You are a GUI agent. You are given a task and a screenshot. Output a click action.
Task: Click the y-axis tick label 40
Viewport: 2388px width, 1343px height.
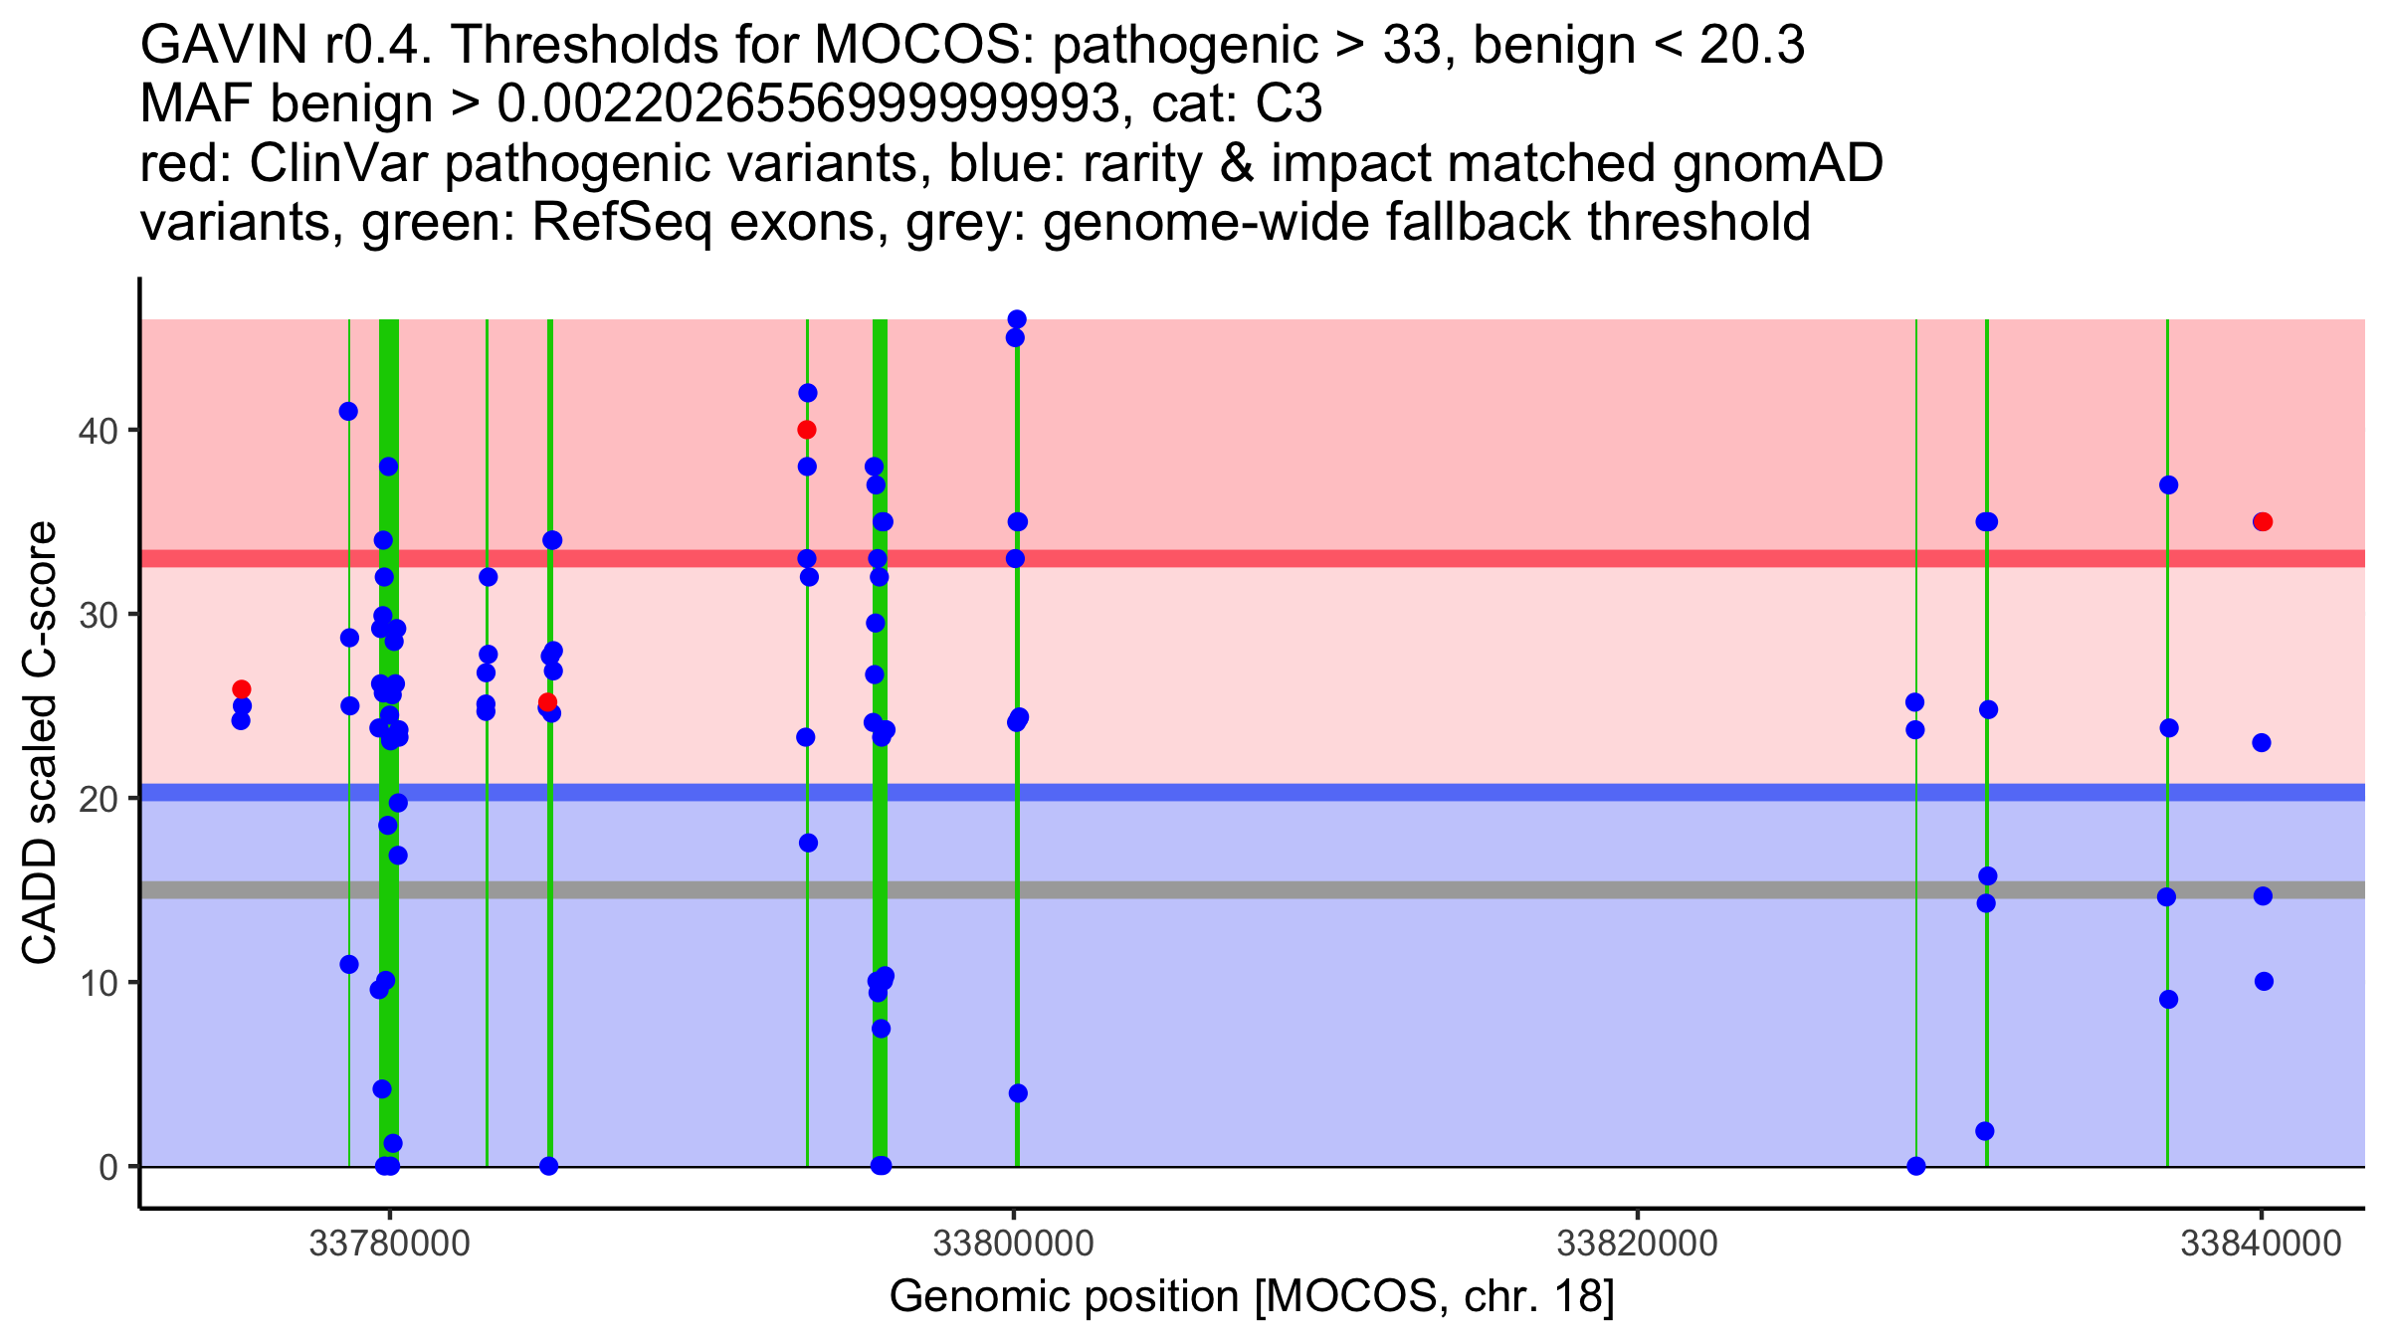pos(99,431)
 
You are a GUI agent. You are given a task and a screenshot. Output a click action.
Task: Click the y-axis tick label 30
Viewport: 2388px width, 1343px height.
pos(99,615)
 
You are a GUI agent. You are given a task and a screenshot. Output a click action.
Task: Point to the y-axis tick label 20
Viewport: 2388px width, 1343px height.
pos(99,799)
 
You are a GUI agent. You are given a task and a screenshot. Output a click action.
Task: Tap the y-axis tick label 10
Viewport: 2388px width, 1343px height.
pos(99,983)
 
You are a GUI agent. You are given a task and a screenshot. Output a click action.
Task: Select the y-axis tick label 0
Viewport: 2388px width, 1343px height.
pos(107,1167)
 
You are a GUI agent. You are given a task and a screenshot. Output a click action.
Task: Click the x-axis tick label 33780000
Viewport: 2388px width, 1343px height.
pos(389,1244)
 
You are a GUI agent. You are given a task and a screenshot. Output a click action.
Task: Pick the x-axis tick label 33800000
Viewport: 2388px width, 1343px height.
pos(1013,1244)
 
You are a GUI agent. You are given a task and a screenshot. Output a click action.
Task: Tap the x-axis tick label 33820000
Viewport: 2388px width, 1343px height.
pos(1637,1244)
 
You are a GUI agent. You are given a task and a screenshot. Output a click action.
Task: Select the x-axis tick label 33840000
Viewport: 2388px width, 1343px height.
pos(2261,1244)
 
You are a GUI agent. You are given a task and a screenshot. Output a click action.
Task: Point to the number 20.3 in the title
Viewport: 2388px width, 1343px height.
pos(1751,45)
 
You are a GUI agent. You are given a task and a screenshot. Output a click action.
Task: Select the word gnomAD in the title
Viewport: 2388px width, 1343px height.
pos(1777,163)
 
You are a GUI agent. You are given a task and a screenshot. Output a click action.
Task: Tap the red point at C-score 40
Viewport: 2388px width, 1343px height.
pos(806,430)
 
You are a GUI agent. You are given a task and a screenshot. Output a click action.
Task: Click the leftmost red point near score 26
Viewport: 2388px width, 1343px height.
pos(241,689)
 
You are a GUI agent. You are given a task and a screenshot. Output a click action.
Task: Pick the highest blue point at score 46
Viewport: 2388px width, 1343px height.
pos(1016,319)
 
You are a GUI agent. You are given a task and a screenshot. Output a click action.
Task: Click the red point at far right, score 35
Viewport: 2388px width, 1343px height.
pos(2263,521)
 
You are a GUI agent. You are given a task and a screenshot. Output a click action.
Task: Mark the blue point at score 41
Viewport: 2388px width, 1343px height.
pos(348,411)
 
